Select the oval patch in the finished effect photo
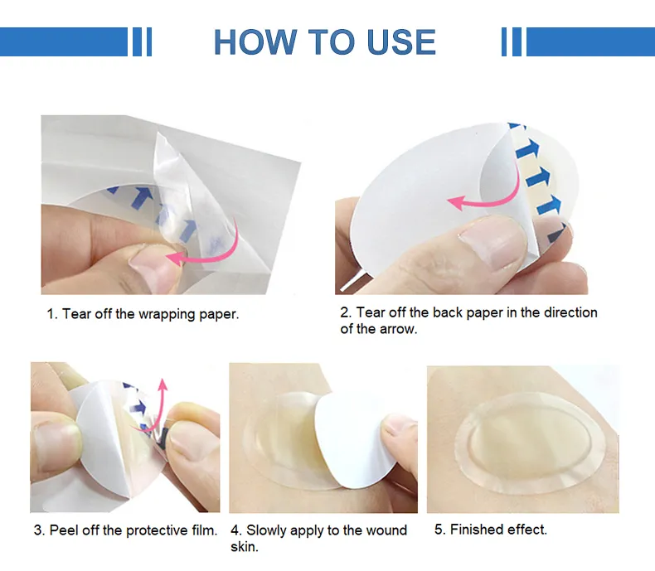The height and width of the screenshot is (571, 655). [519, 435]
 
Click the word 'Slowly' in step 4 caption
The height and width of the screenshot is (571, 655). [269, 530]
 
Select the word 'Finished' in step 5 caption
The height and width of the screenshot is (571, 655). [480, 530]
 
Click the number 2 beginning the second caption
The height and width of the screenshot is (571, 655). [345, 312]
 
